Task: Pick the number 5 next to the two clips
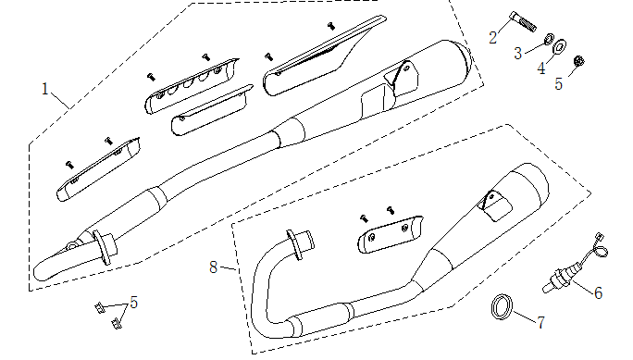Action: pyautogui.click(x=135, y=303)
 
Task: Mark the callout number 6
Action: pyautogui.click(x=599, y=293)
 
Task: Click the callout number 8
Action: pyautogui.click(x=214, y=267)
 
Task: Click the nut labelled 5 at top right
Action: pyautogui.click(x=579, y=62)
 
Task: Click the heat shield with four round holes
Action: pyautogui.click(x=192, y=85)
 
